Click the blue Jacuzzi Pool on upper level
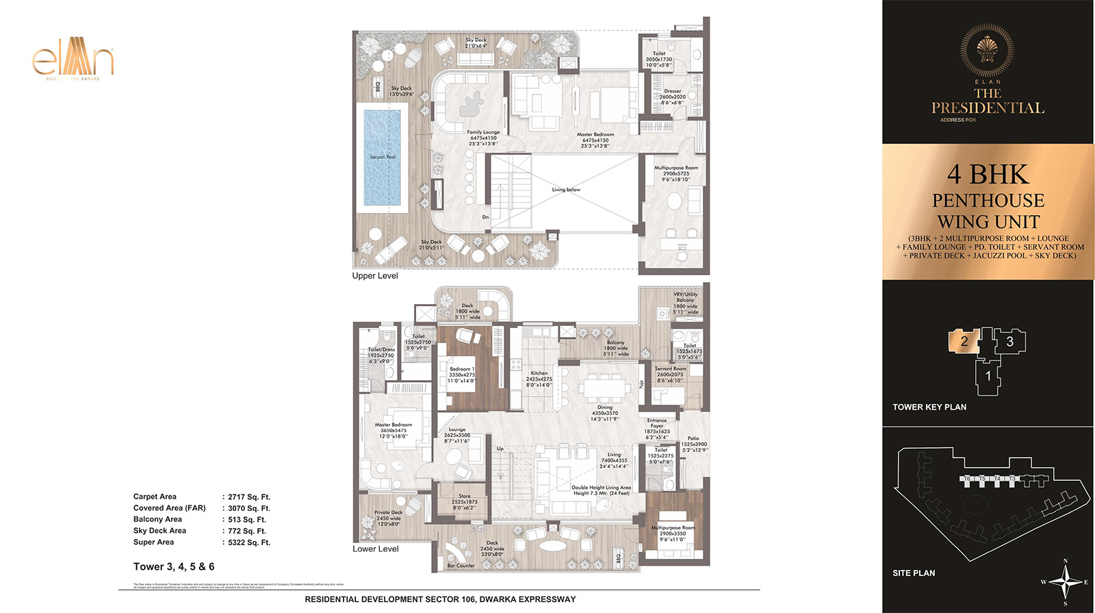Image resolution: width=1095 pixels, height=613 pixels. (x=382, y=158)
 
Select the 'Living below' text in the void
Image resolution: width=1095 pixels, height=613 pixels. (x=566, y=190)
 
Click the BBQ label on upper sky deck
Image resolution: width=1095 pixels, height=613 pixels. (x=378, y=87)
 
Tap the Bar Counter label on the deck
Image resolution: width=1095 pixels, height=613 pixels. (x=461, y=566)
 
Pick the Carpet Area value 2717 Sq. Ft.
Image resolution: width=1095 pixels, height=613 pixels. (x=249, y=497)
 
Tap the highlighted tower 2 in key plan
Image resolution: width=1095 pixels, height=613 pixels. (x=964, y=341)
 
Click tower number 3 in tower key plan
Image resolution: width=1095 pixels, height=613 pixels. (x=1009, y=341)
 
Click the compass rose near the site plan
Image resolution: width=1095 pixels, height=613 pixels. (x=1065, y=582)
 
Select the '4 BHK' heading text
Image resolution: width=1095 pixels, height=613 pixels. (x=988, y=175)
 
